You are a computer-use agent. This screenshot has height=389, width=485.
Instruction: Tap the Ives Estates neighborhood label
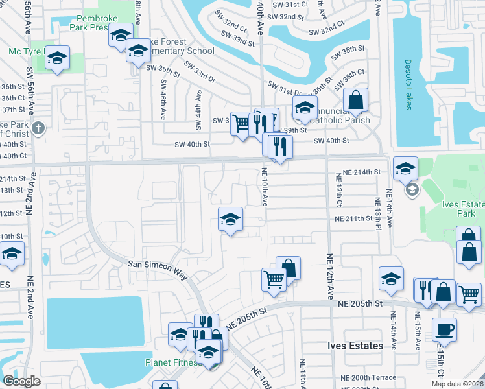pos(354,346)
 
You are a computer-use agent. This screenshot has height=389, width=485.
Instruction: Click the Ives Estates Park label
pos(463,209)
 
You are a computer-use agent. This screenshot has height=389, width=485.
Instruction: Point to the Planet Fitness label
pos(172,362)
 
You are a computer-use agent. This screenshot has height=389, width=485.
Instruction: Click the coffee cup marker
pos(444,330)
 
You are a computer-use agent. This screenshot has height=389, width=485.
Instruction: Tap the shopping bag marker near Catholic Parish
pos(355,100)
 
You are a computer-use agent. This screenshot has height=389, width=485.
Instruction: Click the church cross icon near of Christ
pos(38,128)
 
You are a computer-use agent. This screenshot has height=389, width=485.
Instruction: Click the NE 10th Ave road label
pos(265,187)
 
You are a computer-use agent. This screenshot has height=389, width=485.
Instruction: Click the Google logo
pos(22,381)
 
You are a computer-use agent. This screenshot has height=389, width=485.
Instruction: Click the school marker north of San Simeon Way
pos(230,219)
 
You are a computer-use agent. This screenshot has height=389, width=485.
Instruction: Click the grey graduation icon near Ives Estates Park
pos(412,191)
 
